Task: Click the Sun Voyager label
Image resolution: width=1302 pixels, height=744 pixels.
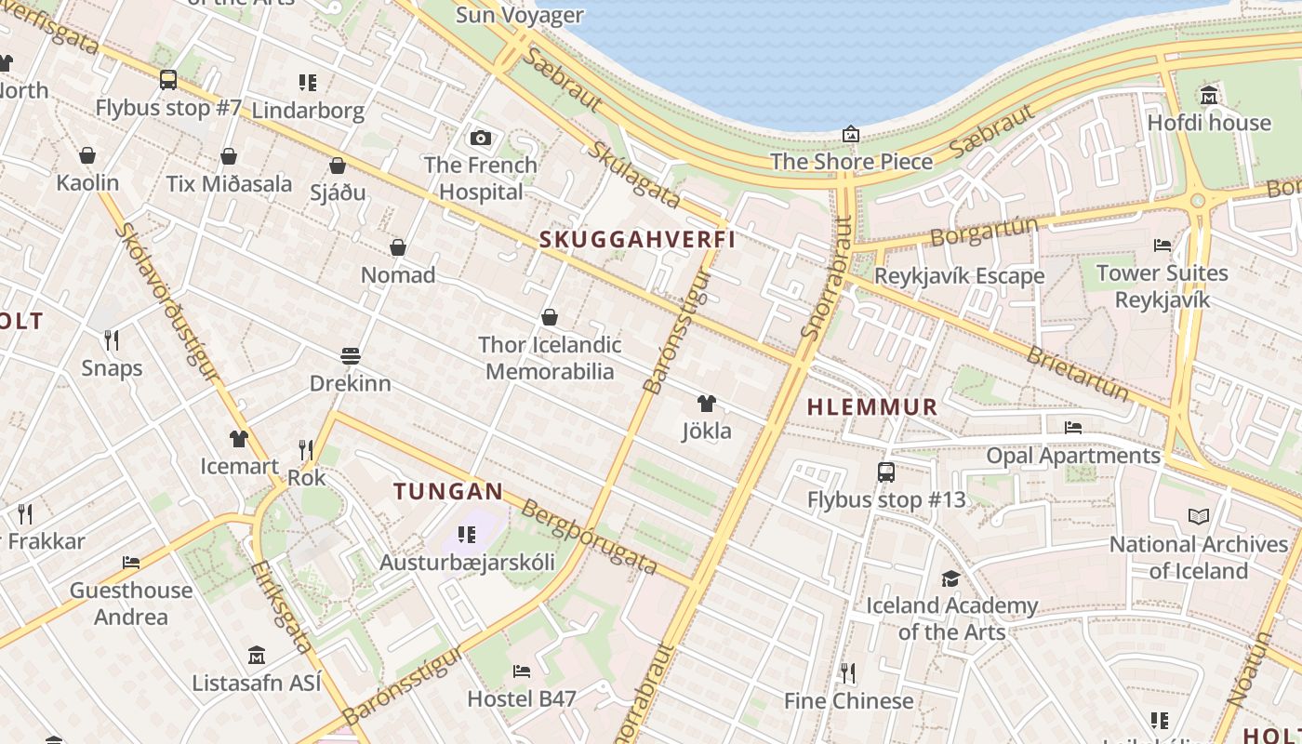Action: [x=521, y=15]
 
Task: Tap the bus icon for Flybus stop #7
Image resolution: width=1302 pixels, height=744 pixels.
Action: [x=168, y=80]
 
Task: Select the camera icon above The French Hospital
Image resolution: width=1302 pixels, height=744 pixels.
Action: [x=481, y=138]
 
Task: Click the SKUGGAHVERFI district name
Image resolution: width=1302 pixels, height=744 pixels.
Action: [x=638, y=240]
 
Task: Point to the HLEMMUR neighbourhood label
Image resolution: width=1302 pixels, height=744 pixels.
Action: [x=872, y=407]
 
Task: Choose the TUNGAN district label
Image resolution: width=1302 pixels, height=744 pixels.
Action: [x=448, y=491]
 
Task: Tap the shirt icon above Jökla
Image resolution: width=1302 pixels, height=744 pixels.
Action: [x=707, y=404]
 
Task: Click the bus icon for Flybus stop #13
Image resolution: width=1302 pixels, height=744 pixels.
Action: [x=886, y=472]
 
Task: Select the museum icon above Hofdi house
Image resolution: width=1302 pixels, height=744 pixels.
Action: [x=1209, y=95]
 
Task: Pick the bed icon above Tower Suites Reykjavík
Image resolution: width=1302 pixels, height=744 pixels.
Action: [x=1162, y=246]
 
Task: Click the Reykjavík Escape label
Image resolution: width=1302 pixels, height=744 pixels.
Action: [x=959, y=276]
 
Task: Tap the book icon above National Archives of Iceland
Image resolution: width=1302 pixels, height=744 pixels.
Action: [x=1199, y=516]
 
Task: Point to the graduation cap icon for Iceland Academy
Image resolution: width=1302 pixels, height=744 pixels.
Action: [x=950, y=578]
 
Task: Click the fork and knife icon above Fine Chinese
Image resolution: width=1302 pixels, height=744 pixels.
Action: [x=848, y=672]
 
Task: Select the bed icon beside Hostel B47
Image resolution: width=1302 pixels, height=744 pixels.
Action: [x=522, y=671]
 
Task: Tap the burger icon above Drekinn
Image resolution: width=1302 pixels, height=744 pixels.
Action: [x=351, y=356]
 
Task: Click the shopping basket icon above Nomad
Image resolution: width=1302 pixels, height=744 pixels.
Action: [x=398, y=247]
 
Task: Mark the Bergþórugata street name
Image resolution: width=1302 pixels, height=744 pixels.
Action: [x=590, y=538]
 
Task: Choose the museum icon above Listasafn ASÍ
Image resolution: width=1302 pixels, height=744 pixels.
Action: [x=257, y=656]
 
